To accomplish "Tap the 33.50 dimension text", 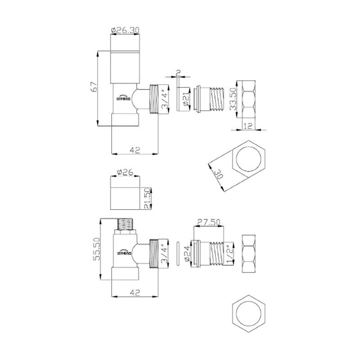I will tap(234, 100).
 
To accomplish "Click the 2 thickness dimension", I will tap(179, 73).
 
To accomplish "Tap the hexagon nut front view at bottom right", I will tap(249, 313).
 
